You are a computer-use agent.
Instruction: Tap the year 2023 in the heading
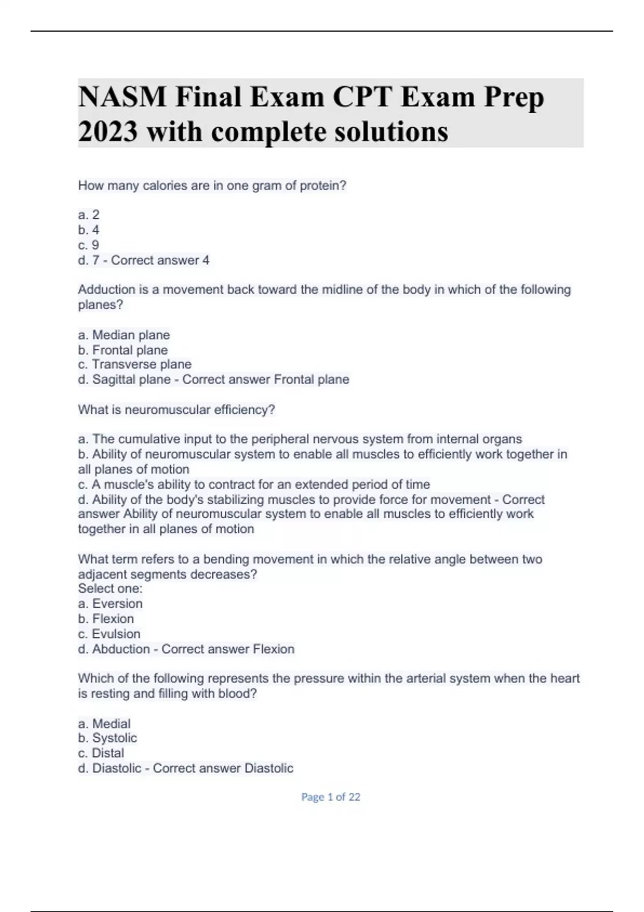(x=107, y=132)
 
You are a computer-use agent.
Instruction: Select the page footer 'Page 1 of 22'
(x=331, y=797)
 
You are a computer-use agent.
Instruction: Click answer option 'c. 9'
(x=89, y=245)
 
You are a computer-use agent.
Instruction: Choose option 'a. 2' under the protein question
(x=89, y=215)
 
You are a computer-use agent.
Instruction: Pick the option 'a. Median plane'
(x=124, y=335)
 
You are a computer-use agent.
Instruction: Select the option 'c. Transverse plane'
(x=135, y=364)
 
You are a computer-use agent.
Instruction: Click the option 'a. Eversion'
(x=110, y=604)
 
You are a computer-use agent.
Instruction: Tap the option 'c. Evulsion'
(x=109, y=634)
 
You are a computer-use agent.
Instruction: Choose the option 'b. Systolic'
(x=107, y=738)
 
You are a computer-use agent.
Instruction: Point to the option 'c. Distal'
(x=101, y=753)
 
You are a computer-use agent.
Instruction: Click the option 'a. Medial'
(x=104, y=724)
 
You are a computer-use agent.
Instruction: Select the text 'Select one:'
(x=110, y=589)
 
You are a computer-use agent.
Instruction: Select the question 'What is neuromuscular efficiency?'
(x=176, y=410)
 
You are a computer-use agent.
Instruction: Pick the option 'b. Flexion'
(x=106, y=619)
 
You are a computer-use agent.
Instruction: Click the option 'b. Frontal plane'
(x=123, y=350)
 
